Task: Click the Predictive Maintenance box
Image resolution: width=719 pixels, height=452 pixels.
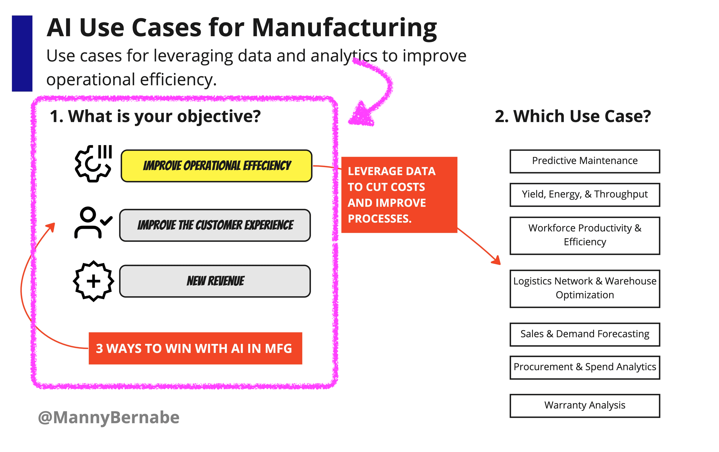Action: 584,161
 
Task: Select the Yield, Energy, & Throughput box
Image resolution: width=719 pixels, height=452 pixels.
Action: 584,195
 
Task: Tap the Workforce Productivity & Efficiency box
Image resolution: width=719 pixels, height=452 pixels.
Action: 584,235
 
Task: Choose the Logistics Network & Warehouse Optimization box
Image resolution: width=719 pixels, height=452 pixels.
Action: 584,289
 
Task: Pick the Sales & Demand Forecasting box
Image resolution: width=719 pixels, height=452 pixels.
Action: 584,334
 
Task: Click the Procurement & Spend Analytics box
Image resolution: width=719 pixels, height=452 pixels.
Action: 584,367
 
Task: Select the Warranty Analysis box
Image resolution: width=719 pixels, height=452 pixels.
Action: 584,406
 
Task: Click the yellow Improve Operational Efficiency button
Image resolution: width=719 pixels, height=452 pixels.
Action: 216,166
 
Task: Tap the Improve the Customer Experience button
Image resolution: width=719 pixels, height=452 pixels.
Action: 215,225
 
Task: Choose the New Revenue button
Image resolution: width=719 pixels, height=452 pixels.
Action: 215,281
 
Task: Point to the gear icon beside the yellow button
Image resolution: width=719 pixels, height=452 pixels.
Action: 93,163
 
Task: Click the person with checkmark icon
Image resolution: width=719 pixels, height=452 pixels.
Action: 93,223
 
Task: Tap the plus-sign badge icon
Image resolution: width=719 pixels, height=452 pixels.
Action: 93,281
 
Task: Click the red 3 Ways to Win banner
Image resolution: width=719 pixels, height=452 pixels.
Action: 195,348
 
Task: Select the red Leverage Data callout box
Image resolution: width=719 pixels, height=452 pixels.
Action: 399,195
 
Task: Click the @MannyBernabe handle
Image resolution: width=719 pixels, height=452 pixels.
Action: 109,417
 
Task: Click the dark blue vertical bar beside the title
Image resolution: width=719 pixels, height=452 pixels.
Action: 22,53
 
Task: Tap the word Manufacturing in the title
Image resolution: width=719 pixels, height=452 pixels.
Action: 345,28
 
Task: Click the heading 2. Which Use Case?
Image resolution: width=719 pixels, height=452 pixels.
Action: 573,116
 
